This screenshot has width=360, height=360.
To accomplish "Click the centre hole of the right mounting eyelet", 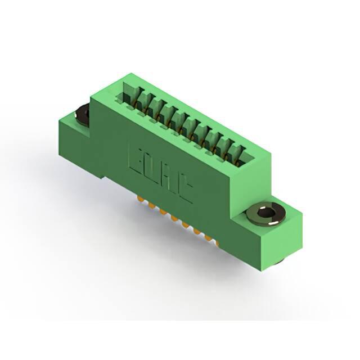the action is click(x=266, y=213).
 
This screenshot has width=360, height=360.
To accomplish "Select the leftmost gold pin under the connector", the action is click(x=140, y=199).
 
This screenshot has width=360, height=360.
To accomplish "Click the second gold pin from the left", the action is click(x=151, y=205).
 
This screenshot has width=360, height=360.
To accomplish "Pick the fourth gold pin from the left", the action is click(x=174, y=219).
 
